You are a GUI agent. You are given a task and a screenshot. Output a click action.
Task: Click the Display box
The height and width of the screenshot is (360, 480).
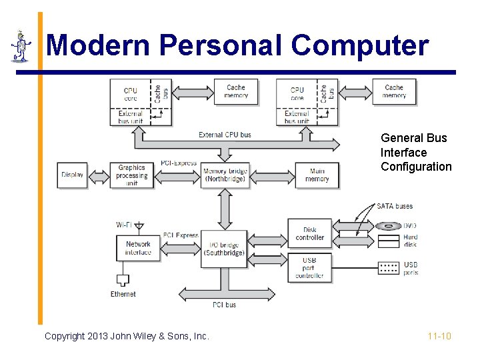pos(72,175)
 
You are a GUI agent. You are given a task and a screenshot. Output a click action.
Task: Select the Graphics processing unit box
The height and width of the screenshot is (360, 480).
pos(131,175)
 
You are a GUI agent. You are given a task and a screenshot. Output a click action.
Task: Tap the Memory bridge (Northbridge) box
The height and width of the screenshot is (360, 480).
pos(225,175)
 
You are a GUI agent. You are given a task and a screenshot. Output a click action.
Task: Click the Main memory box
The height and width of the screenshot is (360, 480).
pos(317,175)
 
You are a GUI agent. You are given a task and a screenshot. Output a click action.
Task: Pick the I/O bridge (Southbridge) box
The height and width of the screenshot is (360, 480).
pos(224,249)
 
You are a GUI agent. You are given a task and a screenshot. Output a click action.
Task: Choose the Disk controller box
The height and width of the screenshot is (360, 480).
pos(310,233)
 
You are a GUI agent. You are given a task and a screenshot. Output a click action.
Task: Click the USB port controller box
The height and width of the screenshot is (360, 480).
pos(309,267)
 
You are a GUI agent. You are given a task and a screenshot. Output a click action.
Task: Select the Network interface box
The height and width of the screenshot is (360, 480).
pos(138,248)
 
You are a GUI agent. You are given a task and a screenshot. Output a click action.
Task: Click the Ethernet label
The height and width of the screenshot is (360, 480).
pos(123,294)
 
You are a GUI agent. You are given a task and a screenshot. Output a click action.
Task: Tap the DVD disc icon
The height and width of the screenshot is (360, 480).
pos(388,226)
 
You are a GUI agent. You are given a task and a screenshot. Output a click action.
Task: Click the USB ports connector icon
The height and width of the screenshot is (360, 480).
pos(389,267)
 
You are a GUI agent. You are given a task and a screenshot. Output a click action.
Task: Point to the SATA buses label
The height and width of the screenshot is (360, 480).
pos(395,206)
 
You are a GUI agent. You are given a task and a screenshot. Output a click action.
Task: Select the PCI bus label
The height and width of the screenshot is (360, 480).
pos(224,305)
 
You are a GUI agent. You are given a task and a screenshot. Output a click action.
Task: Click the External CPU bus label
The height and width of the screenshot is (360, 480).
pos(225,135)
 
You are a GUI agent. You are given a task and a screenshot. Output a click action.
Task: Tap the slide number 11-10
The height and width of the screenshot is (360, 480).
pos(439,336)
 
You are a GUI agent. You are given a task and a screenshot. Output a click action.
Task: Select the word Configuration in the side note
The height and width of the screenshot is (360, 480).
pos(416,167)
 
